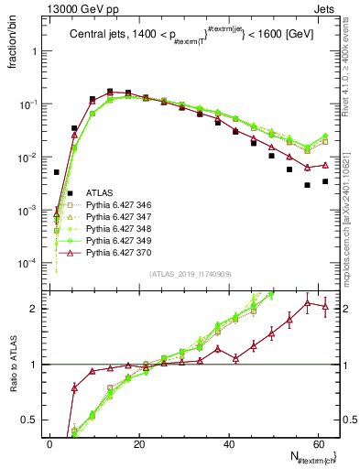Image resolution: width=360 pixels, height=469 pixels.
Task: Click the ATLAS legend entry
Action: [x=100, y=193]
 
